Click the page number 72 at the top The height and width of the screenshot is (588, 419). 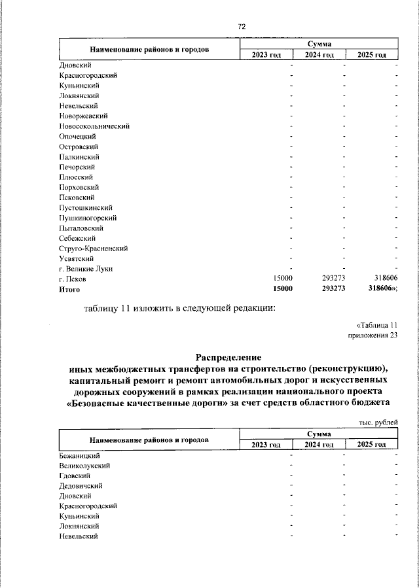[x=242, y=27]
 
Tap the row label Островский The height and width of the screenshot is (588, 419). [x=78, y=147]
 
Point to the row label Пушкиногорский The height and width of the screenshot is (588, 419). [x=88, y=218]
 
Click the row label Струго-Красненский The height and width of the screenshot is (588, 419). [x=93, y=249]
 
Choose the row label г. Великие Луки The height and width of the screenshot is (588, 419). [x=85, y=269]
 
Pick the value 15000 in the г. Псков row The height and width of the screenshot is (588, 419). [x=283, y=279]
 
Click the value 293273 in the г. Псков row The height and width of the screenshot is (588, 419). [x=333, y=279]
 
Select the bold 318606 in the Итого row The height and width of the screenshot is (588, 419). [x=382, y=289]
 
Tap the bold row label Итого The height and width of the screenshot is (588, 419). [x=69, y=289]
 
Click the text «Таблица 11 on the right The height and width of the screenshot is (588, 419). [x=376, y=325]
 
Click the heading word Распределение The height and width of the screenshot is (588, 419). [x=228, y=357]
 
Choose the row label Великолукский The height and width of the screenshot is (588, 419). [x=84, y=465]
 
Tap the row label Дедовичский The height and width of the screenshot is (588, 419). [x=81, y=485]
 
